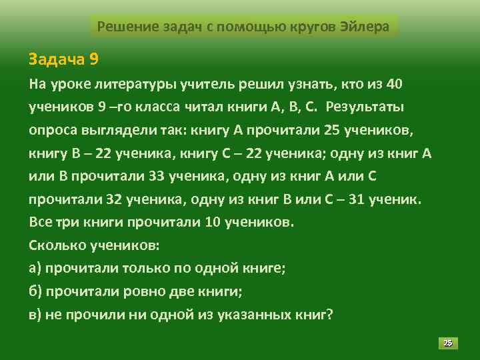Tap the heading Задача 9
63,59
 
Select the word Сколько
59,245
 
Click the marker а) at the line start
36,268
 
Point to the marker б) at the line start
36,291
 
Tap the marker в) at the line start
36,314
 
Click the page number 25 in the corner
448,343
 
